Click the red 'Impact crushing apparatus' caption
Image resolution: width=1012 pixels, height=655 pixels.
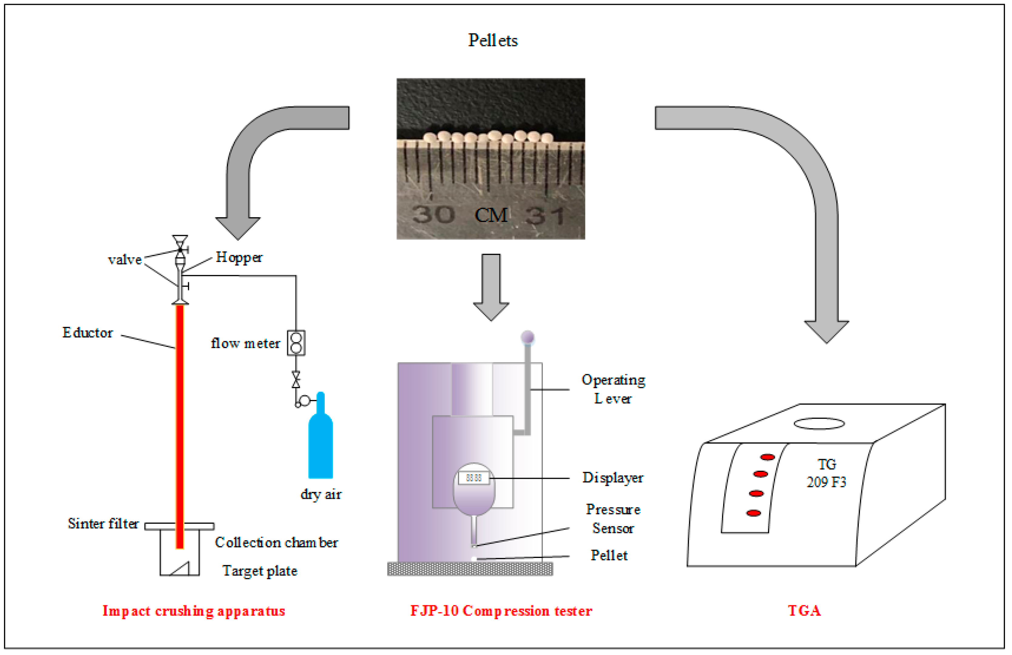(194, 610)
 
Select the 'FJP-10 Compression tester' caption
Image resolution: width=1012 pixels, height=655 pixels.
(501, 610)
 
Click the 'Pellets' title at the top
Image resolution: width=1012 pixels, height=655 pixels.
(492, 40)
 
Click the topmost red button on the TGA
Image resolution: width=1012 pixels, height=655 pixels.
(767, 457)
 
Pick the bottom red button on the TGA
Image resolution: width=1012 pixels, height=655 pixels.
(753, 513)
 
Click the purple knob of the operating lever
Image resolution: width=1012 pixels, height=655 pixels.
(527, 338)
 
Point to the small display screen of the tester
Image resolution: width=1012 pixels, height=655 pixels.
(473, 478)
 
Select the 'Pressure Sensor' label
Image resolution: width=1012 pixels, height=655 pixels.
(613, 519)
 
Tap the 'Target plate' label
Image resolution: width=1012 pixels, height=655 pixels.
(259, 570)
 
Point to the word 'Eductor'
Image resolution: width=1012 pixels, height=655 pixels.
(88, 332)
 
